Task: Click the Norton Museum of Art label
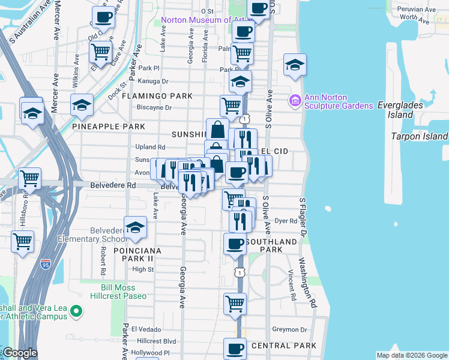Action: pyautogui.click(x=196, y=20)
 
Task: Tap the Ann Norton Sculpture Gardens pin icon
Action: pyautogui.click(x=295, y=99)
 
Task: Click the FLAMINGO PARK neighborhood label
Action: pyautogui.click(x=157, y=96)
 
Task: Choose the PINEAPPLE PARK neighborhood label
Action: pyautogui.click(x=109, y=127)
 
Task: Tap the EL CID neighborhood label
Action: pyautogui.click(x=276, y=152)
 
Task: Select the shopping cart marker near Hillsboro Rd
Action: pyautogui.click(x=22, y=242)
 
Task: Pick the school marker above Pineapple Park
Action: pyautogui.click(x=82, y=106)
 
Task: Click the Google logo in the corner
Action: pyautogui.click(x=19, y=353)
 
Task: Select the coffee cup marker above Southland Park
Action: pyautogui.click(x=235, y=244)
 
